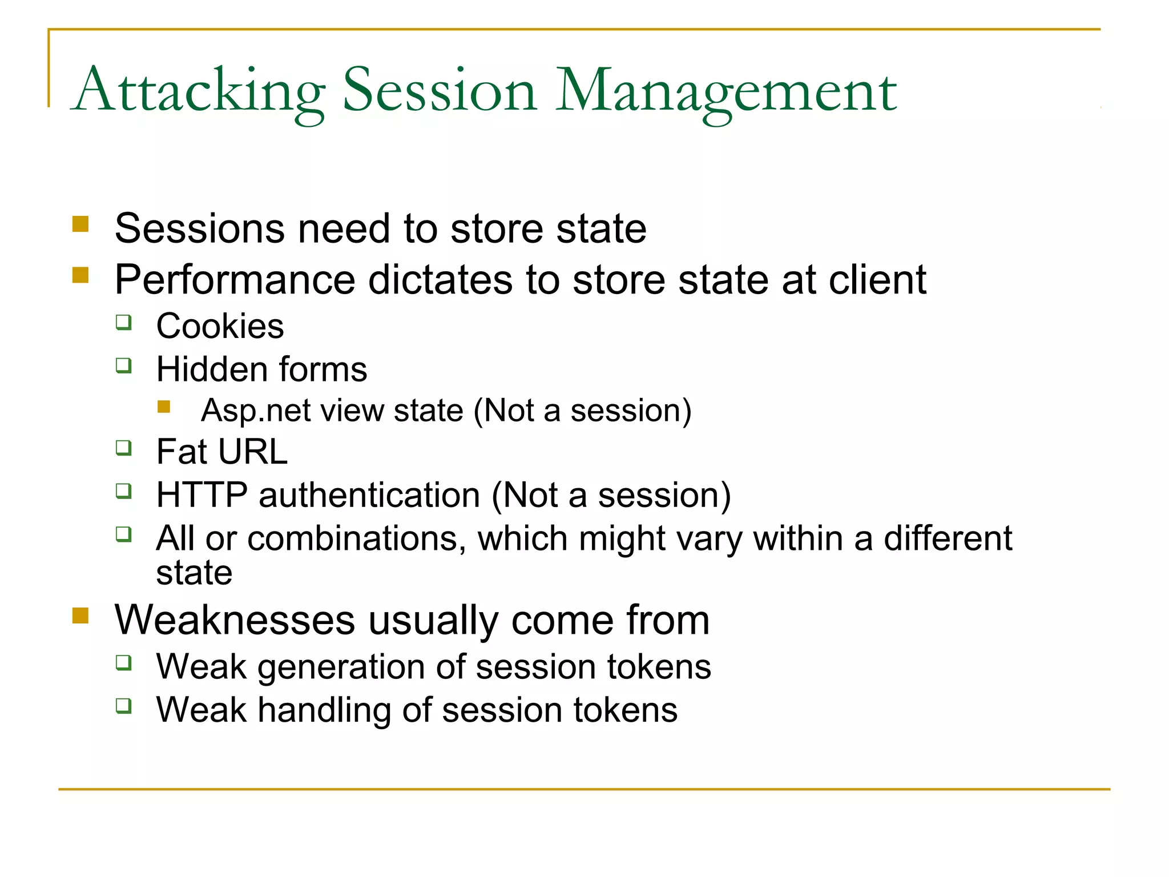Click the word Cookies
tap(220, 327)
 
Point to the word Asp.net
tap(245, 411)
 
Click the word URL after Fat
tap(253, 452)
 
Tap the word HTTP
tap(202, 495)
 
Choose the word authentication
tap(369, 495)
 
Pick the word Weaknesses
tap(235, 620)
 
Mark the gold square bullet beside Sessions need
tap(80, 223)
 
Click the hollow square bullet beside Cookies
tap(124, 322)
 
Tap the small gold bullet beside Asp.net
tap(164, 407)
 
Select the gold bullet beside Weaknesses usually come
tap(80, 615)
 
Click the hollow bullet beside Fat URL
tap(124, 448)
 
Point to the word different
tap(948, 538)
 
